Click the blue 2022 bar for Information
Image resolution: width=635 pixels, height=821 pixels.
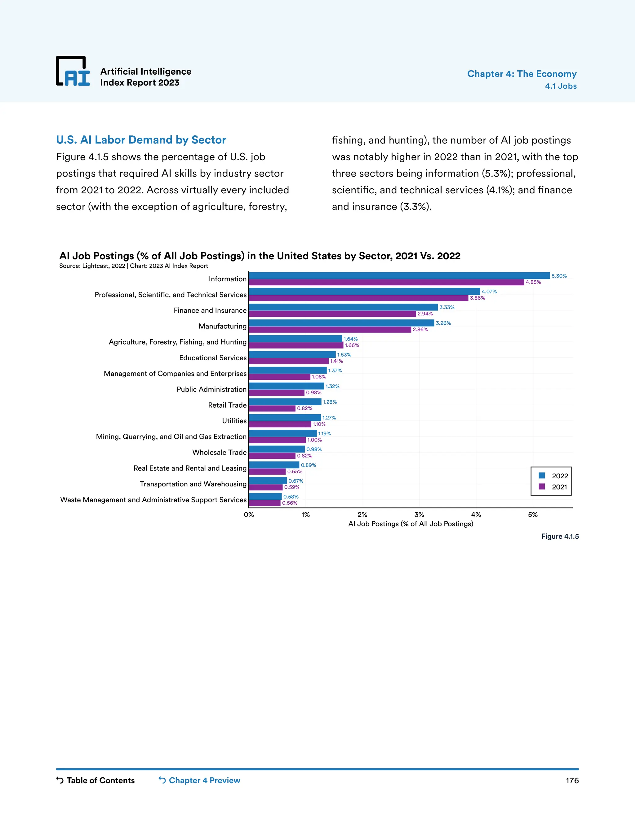point(399,275)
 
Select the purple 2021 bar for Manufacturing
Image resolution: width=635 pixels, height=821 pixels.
point(330,330)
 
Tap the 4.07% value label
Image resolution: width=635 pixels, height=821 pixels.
point(489,291)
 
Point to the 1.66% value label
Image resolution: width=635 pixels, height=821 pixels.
point(352,345)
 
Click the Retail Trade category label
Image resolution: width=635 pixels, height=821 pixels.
point(227,405)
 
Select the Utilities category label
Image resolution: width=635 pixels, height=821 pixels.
point(234,421)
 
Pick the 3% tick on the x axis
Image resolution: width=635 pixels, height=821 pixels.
point(419,515)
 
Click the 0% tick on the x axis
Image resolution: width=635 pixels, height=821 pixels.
point(249,515)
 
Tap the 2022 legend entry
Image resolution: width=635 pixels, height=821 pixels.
point(553,476)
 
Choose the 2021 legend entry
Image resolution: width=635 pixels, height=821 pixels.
point(553,487)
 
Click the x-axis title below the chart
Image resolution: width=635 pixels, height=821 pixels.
point(411,524)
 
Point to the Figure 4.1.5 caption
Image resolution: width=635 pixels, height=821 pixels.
point(560,536)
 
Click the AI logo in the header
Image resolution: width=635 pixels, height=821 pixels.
point(73,72)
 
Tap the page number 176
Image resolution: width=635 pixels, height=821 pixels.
point(572,780)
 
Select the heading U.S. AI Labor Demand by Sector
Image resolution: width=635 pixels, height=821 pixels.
point(141,140)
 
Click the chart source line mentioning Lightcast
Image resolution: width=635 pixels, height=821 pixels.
point(134,266)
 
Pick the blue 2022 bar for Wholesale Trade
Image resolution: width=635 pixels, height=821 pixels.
point(277,449)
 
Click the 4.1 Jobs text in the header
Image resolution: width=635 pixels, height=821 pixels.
point(561,86)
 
